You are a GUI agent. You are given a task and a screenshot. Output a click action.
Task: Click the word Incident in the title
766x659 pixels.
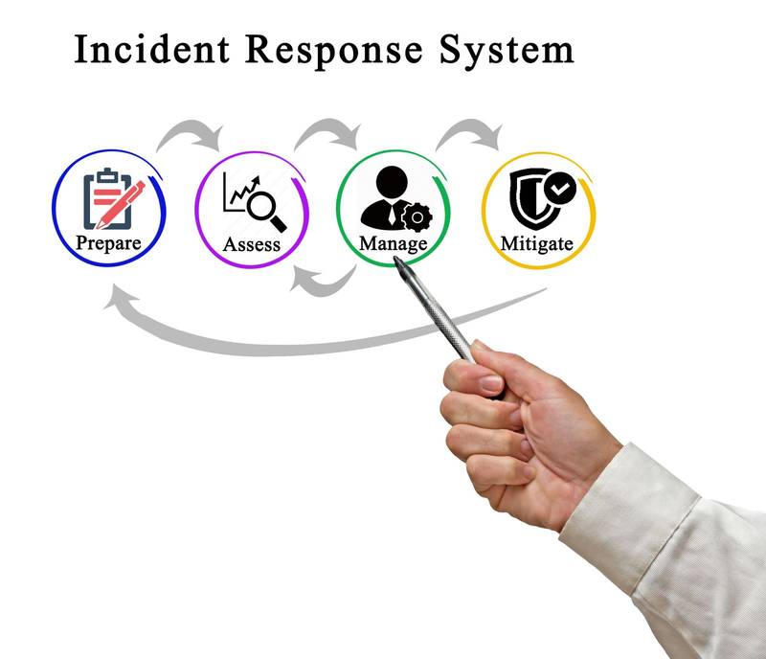[153, 50]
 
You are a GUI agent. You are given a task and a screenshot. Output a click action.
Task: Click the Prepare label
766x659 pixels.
[108, 241]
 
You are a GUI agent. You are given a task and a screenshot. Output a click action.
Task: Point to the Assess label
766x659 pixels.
[252, 243]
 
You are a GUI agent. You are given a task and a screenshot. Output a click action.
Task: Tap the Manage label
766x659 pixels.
[393, 243]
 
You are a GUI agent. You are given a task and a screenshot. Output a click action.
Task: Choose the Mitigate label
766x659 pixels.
[536, 243]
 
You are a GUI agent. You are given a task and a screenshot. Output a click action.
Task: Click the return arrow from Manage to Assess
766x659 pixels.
[322, 279]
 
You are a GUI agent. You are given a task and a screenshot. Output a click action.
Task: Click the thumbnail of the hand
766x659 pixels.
[489, 383]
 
